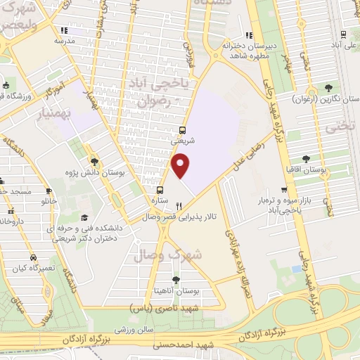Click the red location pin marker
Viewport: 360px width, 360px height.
pos(181,165)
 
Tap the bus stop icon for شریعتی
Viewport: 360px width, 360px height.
pos(183,130)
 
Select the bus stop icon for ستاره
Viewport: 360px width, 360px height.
pos(160,189)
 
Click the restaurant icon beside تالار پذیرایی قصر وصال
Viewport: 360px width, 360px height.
pos(179,206)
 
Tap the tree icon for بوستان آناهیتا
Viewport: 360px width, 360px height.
pos(176,280)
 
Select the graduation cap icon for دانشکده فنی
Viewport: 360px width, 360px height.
pos(84,217)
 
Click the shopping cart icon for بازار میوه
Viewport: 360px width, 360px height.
pos(284,190)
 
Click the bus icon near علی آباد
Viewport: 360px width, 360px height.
pos(342,35)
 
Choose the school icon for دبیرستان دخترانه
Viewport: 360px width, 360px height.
pos(248,35)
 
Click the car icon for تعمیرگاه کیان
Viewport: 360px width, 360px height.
pos(33,258)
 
